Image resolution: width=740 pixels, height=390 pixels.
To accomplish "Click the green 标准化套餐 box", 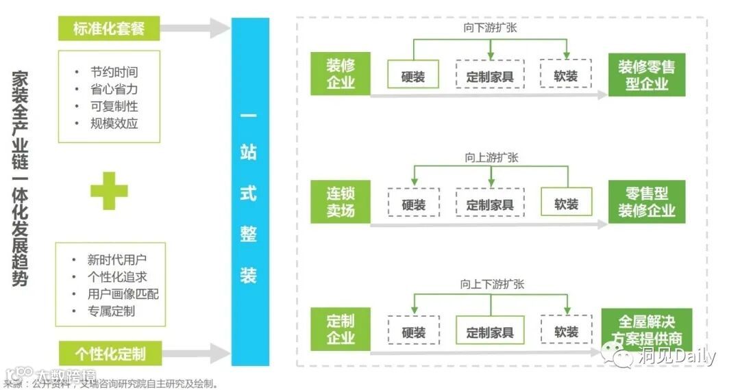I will pyautogui.click(x=108, y=29).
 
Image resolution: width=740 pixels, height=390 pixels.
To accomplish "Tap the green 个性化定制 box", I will pyautogui.click(x=108, y=353).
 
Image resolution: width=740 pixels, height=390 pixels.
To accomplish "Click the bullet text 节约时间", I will pyautogui.click(x=114, y=72).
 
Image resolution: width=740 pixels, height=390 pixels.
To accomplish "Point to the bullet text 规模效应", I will pyautogui.click(x=114, y=123).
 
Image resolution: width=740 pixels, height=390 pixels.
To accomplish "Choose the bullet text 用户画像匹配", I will pyautogui.click(x=123, y=294).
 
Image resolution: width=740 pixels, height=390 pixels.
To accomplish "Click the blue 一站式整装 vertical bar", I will pyautogui.click(x=249, y=192).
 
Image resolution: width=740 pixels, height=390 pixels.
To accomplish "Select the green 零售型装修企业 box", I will pyautogui.click(x=646, y=202).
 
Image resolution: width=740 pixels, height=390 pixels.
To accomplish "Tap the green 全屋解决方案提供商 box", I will pyautogui.click(x=646, y=329).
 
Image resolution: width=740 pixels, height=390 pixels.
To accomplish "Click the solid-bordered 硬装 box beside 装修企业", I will pyautogui.click(x=413, y=75).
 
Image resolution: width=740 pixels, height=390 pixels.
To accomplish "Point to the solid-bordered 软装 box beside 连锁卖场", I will pyautogui.click(x=566, y=203).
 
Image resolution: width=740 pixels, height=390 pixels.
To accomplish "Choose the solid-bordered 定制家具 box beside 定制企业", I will pyautogui.click(x=490, y=331).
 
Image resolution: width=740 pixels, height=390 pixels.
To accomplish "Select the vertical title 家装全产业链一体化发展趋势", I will pyautogui.click(x=20, y=178).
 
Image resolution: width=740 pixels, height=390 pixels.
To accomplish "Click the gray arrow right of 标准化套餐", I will pyautogui.click(x=195, y=29).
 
